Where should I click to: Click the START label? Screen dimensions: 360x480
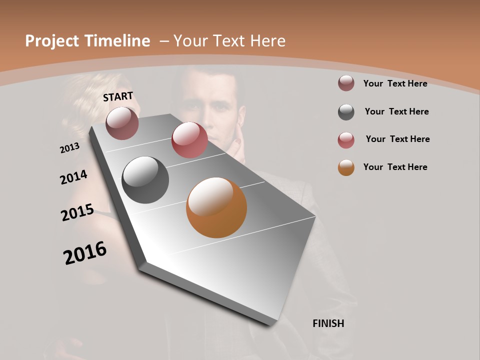(118, 96)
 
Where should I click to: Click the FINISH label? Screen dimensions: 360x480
(328, 323)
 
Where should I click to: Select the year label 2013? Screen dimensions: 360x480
(70, 148)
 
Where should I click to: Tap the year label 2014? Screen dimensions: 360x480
(73, 177)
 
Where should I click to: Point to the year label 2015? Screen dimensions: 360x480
(77, 212)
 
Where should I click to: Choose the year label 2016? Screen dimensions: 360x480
(85, 253)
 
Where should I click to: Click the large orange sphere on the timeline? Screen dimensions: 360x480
(216, 207)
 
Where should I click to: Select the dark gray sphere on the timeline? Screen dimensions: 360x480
(145, 180)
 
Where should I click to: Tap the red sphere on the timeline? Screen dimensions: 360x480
(189, 140)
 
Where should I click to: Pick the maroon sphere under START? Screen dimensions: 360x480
(122, 123)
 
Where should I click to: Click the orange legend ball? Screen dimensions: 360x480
(346, 167)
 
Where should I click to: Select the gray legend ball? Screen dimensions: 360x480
(346, 112)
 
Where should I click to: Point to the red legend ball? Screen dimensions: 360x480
(346, 140)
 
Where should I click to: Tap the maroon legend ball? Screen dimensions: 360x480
(346, 83)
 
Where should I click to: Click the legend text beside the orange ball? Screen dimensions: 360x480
(395, 167)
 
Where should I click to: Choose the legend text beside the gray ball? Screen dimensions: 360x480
(396, 111)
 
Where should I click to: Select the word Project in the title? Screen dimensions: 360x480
(50, 41)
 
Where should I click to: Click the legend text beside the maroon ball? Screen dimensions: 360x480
(395, 83)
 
